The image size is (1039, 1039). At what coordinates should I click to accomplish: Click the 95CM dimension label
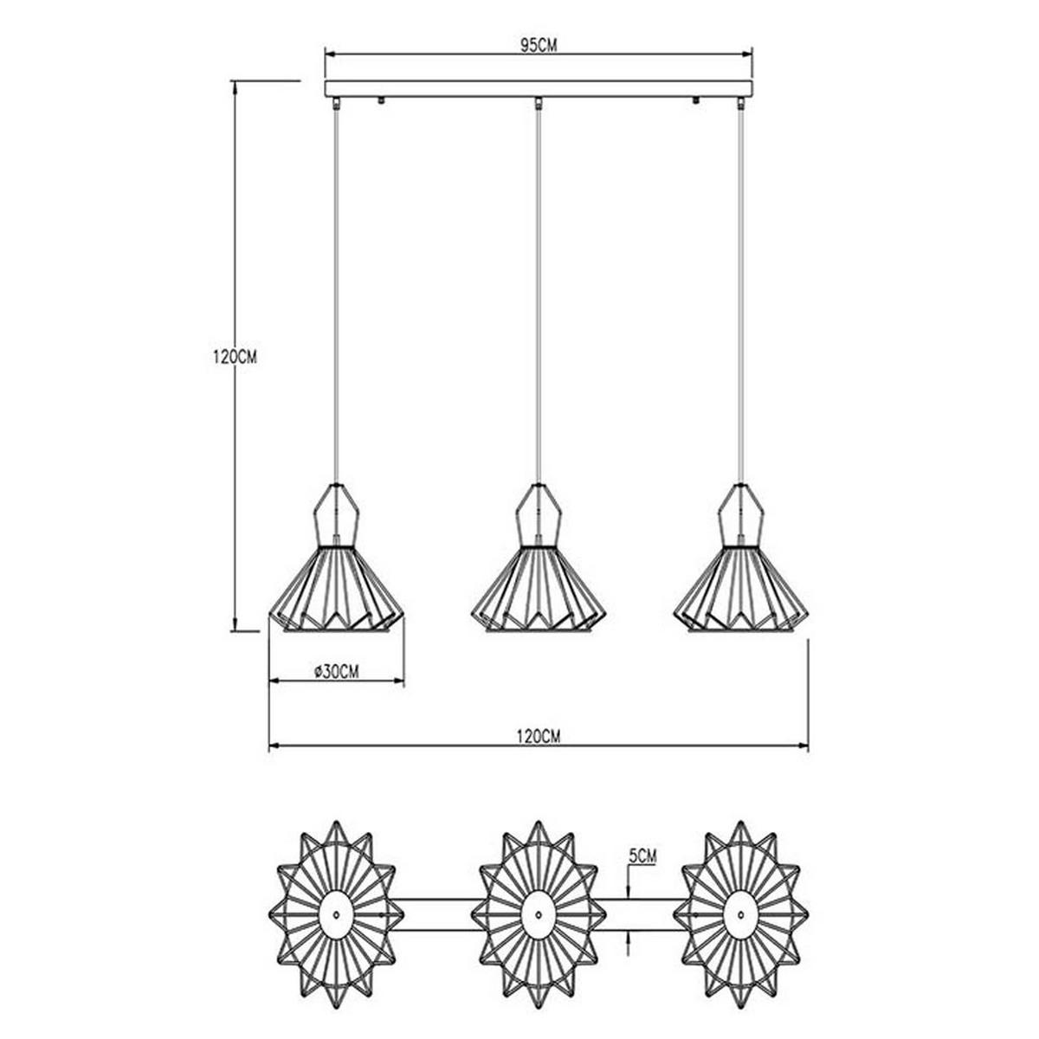pos(538,45)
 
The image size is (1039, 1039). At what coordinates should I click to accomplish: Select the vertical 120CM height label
pos(235,357)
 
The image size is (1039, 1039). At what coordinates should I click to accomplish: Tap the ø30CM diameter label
pos(337,671)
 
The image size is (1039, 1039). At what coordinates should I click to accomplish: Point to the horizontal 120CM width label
pos(538,736)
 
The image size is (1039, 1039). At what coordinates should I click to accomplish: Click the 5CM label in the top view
pos(642,855)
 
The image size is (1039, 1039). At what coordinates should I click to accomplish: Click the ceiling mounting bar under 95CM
pos(538,89)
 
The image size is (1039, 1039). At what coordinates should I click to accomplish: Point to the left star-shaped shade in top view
pos(337,915)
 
